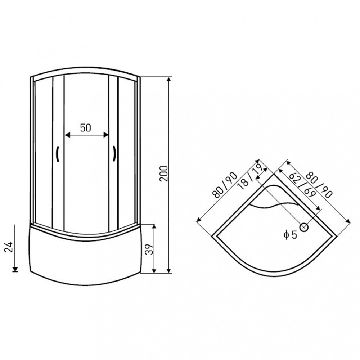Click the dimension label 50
tap(85, 128)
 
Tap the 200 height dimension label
tap(164, 174)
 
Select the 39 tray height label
tap(149, 249)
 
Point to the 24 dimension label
tap(9, 247)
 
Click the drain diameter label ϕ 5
tap(290, 235)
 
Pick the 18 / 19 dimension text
tap(251, 176)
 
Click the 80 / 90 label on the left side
tap(225, 185)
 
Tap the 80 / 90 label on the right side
tap(319, 185)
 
